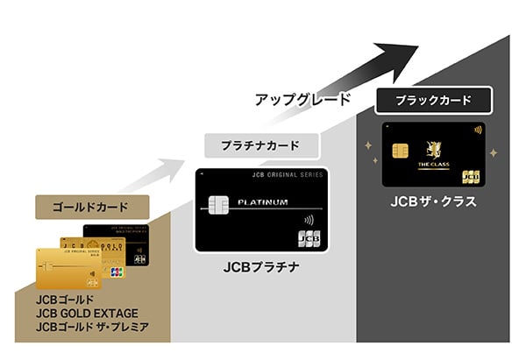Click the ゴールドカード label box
tap(91, 208)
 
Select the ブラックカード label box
tap(435, 100)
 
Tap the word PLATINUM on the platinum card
tap(264, 202)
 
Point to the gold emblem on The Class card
tap(432, 150)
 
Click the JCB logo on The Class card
tap(471, 175)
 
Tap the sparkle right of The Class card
tap(493, 153)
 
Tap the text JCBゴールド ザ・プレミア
tap(93, 328)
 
